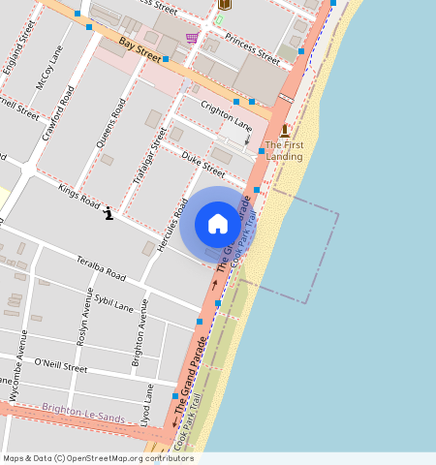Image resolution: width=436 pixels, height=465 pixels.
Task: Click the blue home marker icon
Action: (218, 224)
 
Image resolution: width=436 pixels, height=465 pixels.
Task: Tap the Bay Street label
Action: (140, 49)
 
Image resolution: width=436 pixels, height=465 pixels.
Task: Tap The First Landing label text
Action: (284, 150)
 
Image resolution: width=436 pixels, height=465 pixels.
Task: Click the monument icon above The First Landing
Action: (284, 131)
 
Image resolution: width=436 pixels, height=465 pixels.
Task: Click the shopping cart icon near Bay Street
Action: (192, 38)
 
